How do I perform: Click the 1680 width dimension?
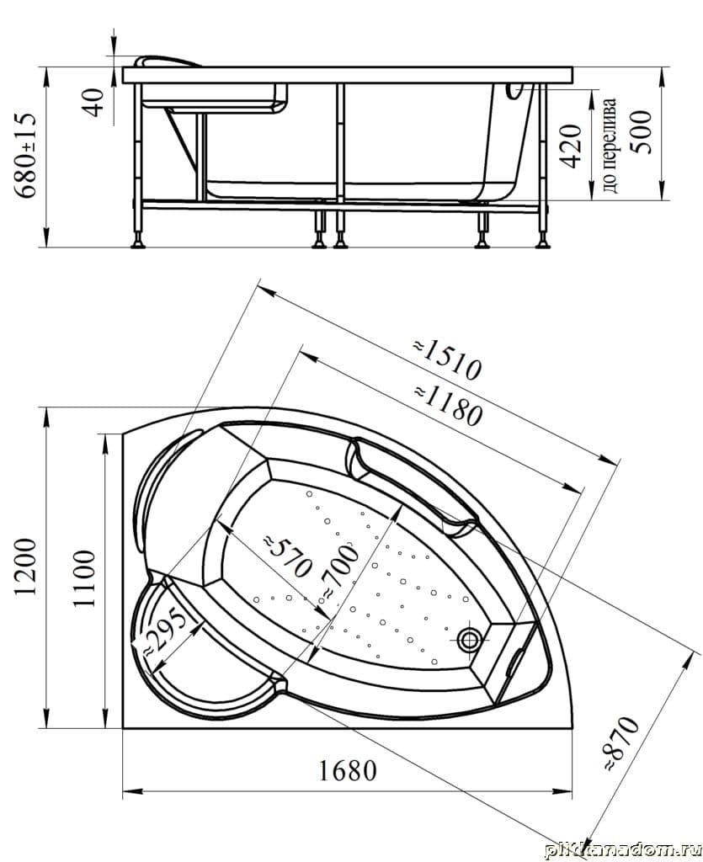point(348,771)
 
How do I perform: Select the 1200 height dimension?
point(25,567)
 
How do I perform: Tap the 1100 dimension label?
point(84,577)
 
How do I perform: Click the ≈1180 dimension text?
point(449,407)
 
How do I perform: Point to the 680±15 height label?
point(26,156)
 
